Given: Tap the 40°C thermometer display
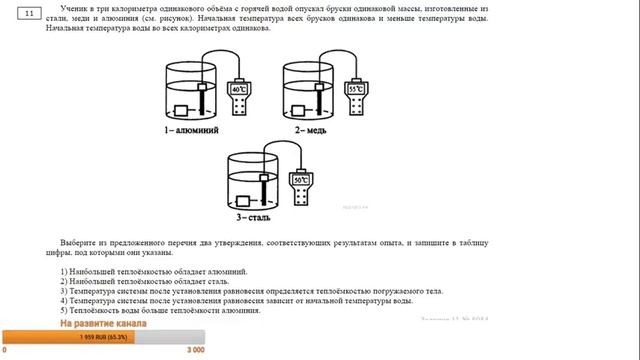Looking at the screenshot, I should [x=239, y=89].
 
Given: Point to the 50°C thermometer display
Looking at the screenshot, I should [x=299, y=181].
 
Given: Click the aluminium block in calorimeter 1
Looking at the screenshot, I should [x=184, y=111].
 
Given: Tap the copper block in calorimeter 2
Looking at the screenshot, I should [x=301, y=111].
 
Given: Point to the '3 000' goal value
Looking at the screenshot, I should [x=196, y=351].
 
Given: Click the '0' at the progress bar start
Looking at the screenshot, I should [x=5, y=351].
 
